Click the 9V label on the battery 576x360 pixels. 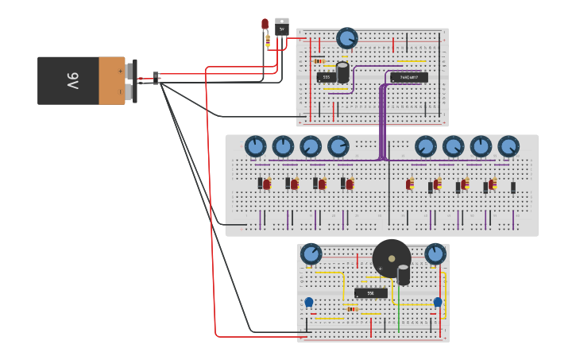point(72,80)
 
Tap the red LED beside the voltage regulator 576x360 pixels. point(265,25)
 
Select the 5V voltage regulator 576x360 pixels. point(281,27)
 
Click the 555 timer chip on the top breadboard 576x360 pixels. point(326,77)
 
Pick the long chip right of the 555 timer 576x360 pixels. point(409,77)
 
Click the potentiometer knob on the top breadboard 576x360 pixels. point(346,37)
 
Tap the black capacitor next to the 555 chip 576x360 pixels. point(342,72)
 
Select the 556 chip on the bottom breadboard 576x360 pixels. point(370,293)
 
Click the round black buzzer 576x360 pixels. point(391,257)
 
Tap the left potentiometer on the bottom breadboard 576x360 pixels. point(311,254)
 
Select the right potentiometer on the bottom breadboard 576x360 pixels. point(435,254)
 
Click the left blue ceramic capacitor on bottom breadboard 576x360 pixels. point(309,302)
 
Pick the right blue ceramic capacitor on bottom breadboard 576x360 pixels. point(437,302)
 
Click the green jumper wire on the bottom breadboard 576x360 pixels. point(399,309)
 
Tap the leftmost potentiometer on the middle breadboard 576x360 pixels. point(255,146)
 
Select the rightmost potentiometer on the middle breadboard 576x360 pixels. point(508,146)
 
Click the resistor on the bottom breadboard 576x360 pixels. point(352,308)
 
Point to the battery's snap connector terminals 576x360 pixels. point(130,80)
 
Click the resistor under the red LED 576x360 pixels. point(268,40)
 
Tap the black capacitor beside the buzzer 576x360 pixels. point(404,275)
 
